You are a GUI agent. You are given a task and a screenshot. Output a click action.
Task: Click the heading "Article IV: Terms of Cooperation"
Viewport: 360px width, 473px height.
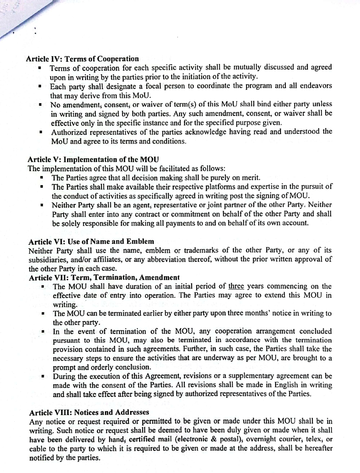coord(82,59)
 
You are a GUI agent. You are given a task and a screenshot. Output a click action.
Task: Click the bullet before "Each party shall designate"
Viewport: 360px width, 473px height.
coord(41,86)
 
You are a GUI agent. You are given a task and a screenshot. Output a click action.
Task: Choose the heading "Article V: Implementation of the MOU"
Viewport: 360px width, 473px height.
coord(93,160)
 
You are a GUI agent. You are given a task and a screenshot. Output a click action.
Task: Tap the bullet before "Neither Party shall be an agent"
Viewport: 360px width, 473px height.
coord(42,205)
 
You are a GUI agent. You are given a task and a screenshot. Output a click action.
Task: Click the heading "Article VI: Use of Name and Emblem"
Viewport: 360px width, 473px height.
coord(91,241)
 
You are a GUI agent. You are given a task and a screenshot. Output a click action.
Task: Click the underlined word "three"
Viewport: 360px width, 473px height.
coord(236,286)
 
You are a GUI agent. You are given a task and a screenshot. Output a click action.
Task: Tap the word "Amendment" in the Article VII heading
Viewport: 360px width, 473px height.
coord(160,277)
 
